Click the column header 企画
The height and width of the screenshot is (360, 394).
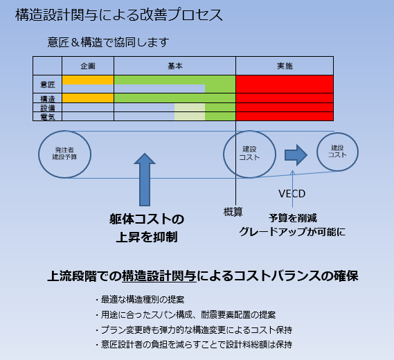(x=88, y=66)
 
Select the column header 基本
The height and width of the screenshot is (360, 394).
(x=175, y=66)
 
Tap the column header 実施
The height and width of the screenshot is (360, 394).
(x=285, y=66)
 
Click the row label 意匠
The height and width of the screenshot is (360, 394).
(x=48, y=84)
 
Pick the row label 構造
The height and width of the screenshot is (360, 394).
(x=48, y=98)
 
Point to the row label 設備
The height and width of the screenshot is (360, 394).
(x=48, y=108)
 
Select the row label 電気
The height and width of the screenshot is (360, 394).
(x=48, y=117)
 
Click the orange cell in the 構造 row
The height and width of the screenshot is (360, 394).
(x=88, y=98)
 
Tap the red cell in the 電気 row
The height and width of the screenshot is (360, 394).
(x=285, y=116)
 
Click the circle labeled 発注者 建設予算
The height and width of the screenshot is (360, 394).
(x=64, y=154)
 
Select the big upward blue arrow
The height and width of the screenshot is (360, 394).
(x=145, y=179)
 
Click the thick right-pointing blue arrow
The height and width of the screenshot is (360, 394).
(x=296, y=155)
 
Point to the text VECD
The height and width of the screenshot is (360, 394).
(x=292, y=194)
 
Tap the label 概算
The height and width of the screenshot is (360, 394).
(x=233, y=212)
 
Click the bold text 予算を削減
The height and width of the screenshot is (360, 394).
(x=292, y=218)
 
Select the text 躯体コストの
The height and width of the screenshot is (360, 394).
(x=147, y=219)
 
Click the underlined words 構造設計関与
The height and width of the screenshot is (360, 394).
(x=159, y=276)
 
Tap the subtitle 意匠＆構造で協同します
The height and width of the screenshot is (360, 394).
(x=108, y=42)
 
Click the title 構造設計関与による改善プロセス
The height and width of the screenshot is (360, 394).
(x=119, y=15)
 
